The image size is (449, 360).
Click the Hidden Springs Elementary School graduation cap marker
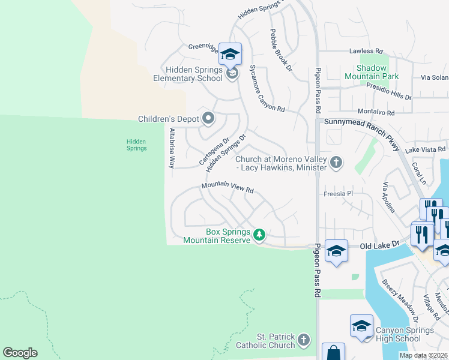pos(230,55)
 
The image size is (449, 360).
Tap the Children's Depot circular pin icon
pos(208,118)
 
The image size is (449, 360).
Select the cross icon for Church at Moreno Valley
pos(336,162)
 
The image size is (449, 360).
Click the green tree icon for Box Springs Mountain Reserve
pos(259,234)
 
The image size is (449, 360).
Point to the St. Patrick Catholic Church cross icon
pos(304,340)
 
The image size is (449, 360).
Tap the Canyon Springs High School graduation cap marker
pos(361,326)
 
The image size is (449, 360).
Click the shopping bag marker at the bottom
pos(333,353)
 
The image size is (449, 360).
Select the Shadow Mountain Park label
pos(372,72)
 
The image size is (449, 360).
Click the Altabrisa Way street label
pos(172,147)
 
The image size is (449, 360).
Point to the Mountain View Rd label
pos(228,187)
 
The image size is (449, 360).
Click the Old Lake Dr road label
pos(379,246)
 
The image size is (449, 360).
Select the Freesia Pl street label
pos(338,194)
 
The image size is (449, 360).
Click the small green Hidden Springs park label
pos(136,145)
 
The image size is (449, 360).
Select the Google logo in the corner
pos(20,352)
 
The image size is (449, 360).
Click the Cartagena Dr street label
pos(214,151)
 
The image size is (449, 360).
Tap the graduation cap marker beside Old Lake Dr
pos(336,251)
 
